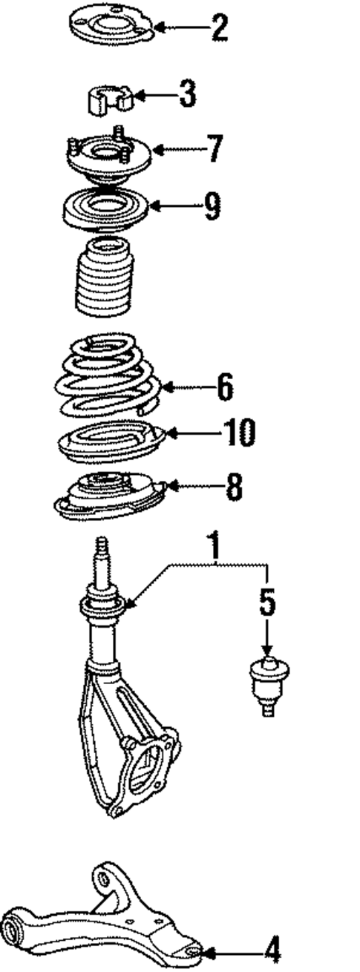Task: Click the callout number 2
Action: pyautogui.click(x=218, y=28)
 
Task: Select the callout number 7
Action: pyautogui.click(x=214, y=148)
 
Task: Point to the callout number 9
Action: pyautogui.click(x=212, y=206)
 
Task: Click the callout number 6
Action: pyautogui.click(x=225, y=387)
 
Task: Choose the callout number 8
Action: pyautogui.click(x=233, y=487)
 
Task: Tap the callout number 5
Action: pyautogui.click(x=267, y=602)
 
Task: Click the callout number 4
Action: pyautogui.click(x=272, y=949)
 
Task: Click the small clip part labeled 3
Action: pyautogui.click(x=110, y=99)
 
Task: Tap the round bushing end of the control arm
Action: pyautogui.click(x=16, y=927)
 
